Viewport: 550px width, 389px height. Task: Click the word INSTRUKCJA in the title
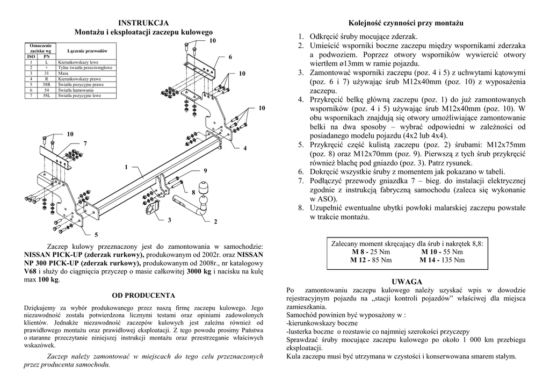click(143, 23)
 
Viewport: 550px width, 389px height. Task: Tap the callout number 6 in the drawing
click(230, 57)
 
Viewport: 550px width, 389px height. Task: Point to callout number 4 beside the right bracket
click(244, 148)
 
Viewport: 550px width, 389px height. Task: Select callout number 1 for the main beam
click(127, 167)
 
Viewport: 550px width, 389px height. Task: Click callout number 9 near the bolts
click(205, 170)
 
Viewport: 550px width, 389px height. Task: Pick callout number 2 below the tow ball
click(215, 221)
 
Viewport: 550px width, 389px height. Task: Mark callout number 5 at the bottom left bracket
click(96, 235)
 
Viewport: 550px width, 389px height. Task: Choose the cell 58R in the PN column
click(47, 85)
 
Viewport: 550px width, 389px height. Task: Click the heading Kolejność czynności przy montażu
click(406, 23)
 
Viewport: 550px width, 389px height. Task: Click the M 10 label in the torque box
click(431, 251)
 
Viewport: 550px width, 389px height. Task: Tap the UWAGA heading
click(407, 282)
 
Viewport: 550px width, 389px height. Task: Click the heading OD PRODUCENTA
click(143, 295)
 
